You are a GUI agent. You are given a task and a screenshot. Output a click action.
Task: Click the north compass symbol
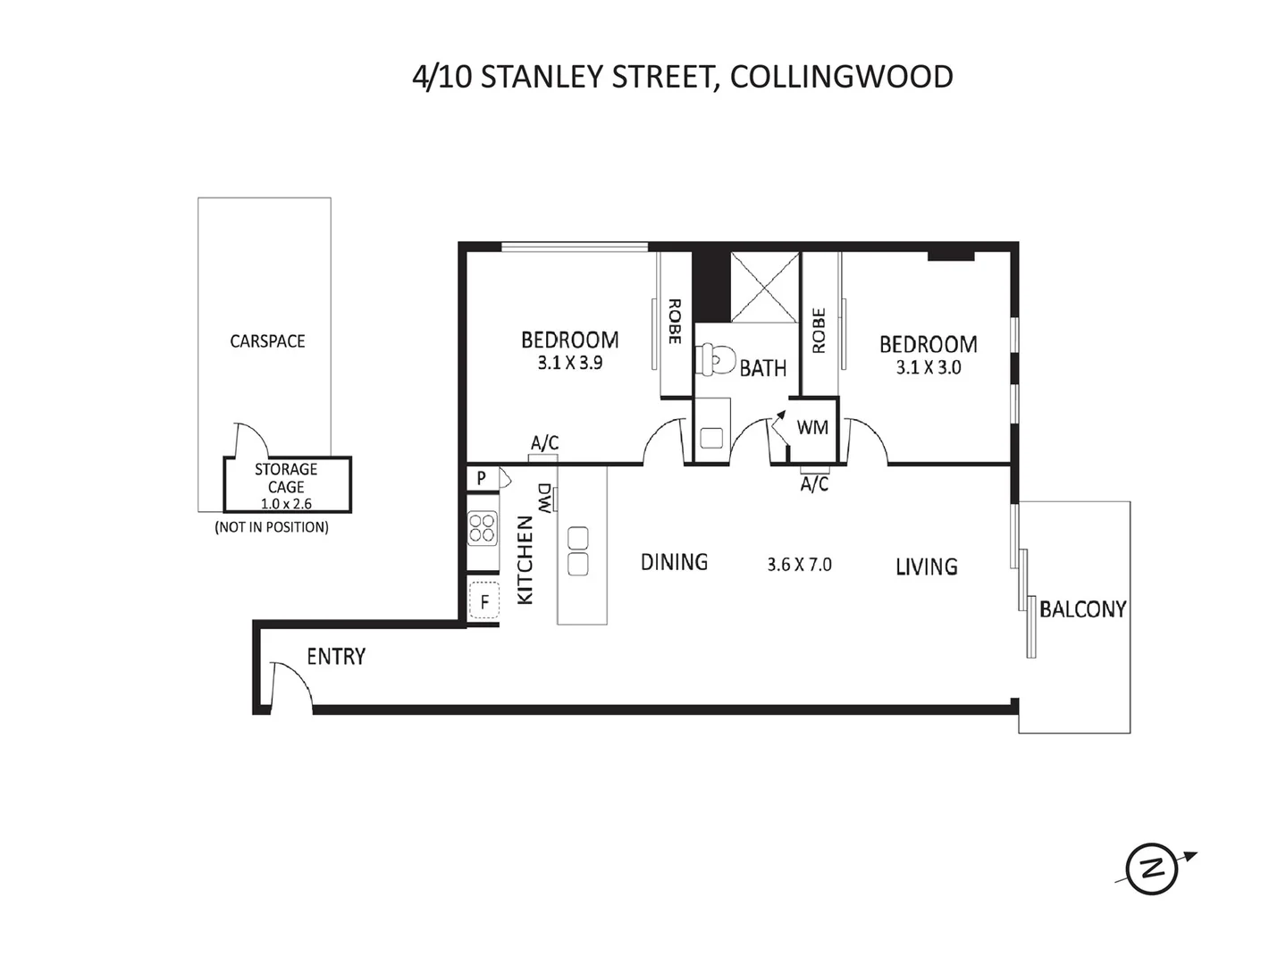(1151, 868)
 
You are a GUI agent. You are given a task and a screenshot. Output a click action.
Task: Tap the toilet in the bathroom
(712, 360)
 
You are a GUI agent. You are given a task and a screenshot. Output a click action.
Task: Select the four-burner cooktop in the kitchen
(483, 528)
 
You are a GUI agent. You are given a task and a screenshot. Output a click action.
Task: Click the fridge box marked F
(484, 601)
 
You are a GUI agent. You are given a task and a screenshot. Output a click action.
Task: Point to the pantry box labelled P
(481, 478)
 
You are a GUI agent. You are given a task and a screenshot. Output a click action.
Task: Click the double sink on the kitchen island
(577, 551)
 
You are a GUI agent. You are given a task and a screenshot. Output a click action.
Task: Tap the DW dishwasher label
(544, 498)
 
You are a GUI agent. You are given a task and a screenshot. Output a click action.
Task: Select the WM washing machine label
(812, 427)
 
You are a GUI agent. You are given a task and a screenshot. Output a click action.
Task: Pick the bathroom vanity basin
(711, 437)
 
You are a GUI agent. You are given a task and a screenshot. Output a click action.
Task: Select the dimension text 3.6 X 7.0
(799, 565)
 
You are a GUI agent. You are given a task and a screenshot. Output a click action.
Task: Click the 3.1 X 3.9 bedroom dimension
(569, 364)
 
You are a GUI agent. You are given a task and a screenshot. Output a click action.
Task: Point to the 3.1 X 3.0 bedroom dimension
(929, 367)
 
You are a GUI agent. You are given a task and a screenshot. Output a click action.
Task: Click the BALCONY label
(1082, 609)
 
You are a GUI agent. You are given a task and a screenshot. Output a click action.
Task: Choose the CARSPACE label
(267, 341)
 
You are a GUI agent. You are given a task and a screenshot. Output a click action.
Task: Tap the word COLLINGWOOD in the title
(841, 77)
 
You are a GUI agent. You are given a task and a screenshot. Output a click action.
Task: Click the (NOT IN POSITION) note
(271, 527)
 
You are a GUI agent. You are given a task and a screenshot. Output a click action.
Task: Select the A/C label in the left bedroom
(544, 443)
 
